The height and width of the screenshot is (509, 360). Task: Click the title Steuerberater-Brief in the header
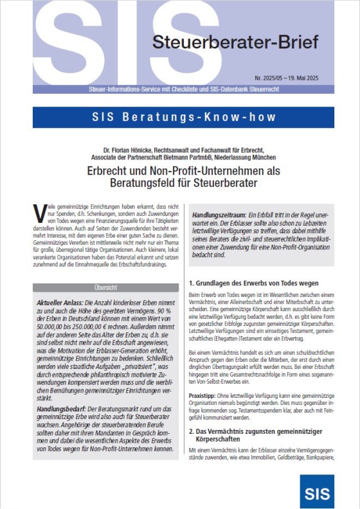click(x=235, y=43)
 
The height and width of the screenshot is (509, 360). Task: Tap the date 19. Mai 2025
click(x=301, y=76)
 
